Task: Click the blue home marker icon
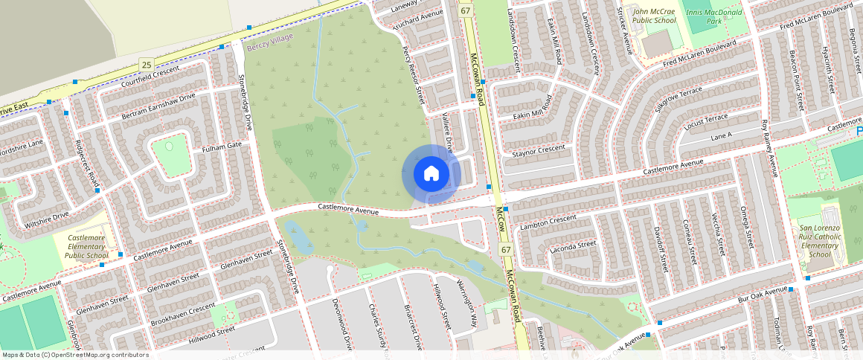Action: [x=431, y=174]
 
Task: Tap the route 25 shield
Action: [x=147, y=66]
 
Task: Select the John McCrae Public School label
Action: [x=654, y=16]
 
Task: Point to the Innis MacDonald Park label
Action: [x=715, y=16]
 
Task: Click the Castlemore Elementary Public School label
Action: [x=87, y=247]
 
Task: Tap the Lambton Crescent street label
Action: [x=549, y=222]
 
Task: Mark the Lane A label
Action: [x=722, y=136]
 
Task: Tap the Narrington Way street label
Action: [x=467, y=300]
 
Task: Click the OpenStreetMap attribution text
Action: [x=75, y=355]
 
